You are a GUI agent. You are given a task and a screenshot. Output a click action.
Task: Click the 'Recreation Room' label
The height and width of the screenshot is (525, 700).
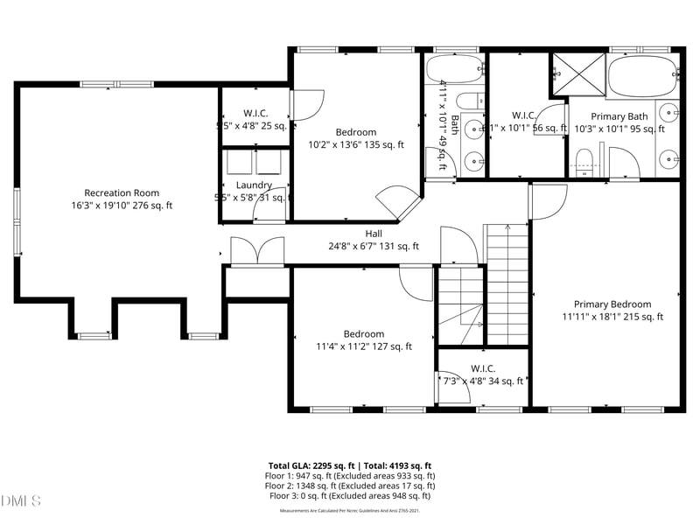click(x=122, y=192)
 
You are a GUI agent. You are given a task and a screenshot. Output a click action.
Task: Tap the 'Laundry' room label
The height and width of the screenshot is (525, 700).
click(x=254, y=185)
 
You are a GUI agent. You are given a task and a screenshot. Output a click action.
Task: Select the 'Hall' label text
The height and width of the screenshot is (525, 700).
click(x=374, y=234)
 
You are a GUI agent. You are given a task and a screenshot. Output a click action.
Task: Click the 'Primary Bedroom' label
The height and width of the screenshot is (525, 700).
click(x=612, y=304)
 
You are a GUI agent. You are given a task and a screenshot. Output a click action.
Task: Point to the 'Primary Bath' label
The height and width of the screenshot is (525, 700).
click(x=619, y=116)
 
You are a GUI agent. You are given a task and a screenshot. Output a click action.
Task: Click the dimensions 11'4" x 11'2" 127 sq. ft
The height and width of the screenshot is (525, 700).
click(x=363, y=346)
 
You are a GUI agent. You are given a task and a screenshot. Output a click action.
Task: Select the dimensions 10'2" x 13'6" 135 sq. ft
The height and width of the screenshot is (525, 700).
click(x=356, y=145)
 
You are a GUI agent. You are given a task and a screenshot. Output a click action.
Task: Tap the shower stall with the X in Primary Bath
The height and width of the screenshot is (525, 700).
click(x=578, y=73)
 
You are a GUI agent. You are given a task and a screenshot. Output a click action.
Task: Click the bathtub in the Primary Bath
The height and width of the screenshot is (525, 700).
click(x=641, y=77)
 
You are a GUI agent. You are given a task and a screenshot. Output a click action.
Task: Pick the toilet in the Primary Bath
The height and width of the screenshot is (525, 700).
click(x=584, y=160)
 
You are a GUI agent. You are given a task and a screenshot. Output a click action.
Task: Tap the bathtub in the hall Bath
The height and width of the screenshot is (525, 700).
click(x=453, y=69)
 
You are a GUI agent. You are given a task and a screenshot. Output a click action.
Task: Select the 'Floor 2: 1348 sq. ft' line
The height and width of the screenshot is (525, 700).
click(x=349, y=486)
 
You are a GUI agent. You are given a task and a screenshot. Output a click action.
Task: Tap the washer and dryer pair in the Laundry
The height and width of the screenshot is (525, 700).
click(x=254, y=163)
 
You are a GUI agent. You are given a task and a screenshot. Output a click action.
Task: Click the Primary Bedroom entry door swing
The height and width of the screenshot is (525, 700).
click(x=549, y=202)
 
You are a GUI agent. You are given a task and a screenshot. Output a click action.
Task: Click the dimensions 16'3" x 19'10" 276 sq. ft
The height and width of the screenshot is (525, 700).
click(x=122, y=206)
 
